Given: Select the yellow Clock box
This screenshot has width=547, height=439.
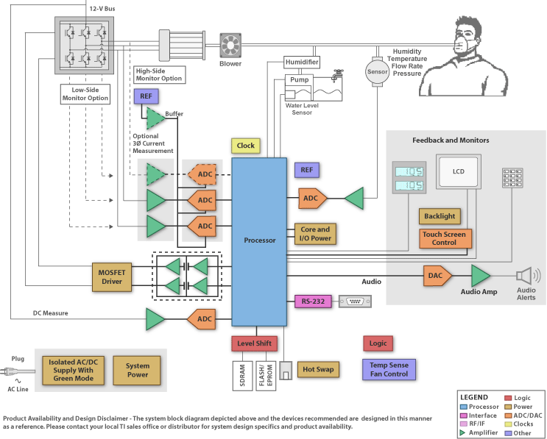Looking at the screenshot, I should [x=245, y=146].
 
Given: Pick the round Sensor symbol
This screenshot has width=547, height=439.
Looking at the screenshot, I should [x=377, y=72].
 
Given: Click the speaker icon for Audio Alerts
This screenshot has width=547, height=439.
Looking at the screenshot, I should [x=526, y=276].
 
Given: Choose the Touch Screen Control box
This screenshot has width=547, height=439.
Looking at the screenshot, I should [x=444, y=238].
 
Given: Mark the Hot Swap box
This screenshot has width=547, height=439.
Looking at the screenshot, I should [x=318, y=369].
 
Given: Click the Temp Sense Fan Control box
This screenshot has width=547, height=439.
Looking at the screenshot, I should [x=389, y=369].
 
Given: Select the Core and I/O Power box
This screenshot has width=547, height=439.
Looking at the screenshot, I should [x=315, y=234].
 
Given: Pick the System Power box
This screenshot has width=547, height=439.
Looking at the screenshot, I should [x=138, y=370].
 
